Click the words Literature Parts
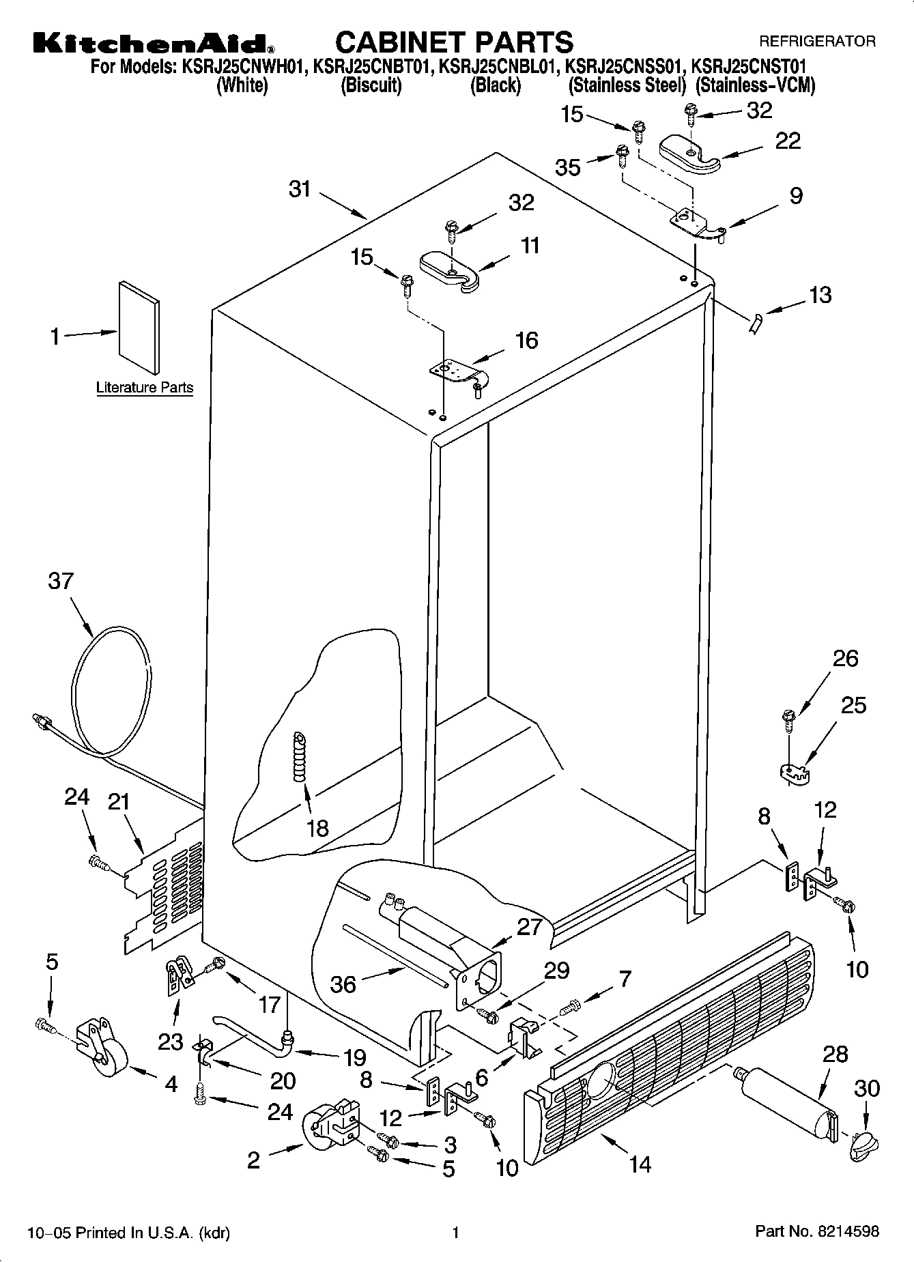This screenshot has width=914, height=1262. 144,388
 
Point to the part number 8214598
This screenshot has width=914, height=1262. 844,1232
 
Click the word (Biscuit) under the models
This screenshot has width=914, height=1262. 371,85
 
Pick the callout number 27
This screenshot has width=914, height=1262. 529,926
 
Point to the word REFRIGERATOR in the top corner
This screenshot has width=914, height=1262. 817,41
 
